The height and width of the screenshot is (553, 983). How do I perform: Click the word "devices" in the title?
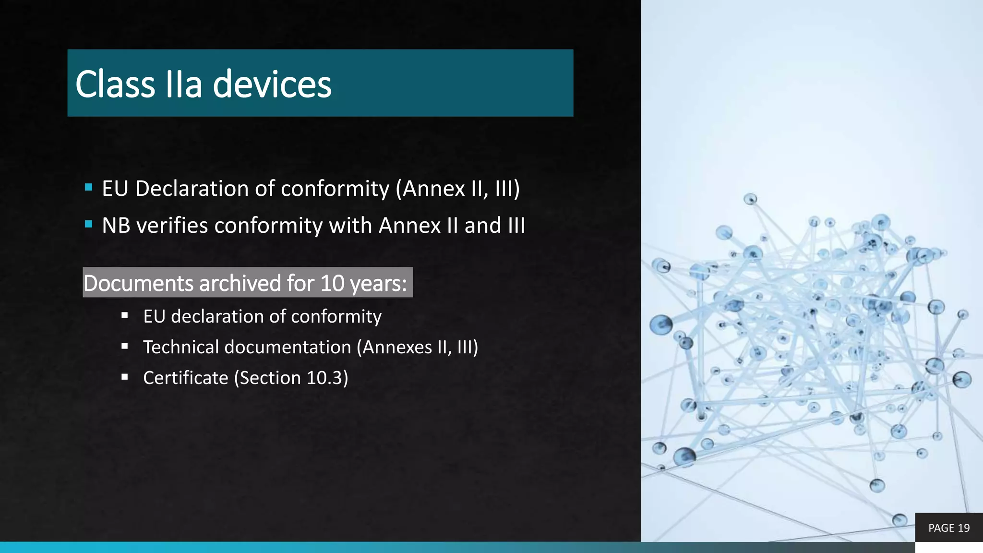(272, 84)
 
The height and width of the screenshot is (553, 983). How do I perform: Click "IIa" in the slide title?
(183, 84)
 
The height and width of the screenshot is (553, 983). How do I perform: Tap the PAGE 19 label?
(949, 528)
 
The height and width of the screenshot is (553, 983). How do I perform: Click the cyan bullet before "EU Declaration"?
(88, 188)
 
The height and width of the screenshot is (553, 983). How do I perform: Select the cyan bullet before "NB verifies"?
(88, 224)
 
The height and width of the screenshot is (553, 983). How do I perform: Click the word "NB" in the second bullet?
(116, 226)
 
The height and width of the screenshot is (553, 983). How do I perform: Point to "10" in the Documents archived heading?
(332, 283)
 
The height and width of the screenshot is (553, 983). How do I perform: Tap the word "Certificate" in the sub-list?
(185, 378)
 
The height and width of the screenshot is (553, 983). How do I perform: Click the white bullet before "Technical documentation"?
(125, 346)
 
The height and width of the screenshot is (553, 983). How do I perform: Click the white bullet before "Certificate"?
(125, 377)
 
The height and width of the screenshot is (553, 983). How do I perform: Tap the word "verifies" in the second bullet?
(172, 226)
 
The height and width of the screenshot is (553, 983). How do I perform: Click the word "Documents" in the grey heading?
(138, 283)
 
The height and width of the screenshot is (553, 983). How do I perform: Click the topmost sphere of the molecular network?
(750, 199)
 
